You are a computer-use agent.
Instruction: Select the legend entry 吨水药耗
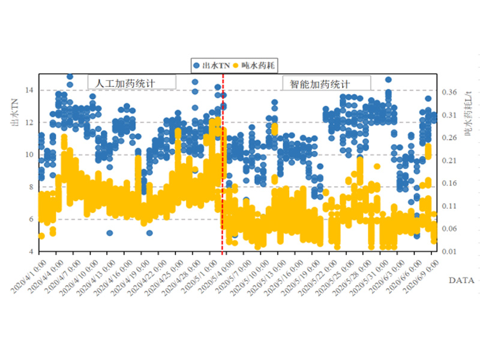256,65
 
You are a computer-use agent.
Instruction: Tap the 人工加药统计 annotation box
132,82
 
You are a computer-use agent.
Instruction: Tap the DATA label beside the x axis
461,280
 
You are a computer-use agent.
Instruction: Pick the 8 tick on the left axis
33,187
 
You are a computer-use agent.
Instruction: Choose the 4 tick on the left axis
33,251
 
